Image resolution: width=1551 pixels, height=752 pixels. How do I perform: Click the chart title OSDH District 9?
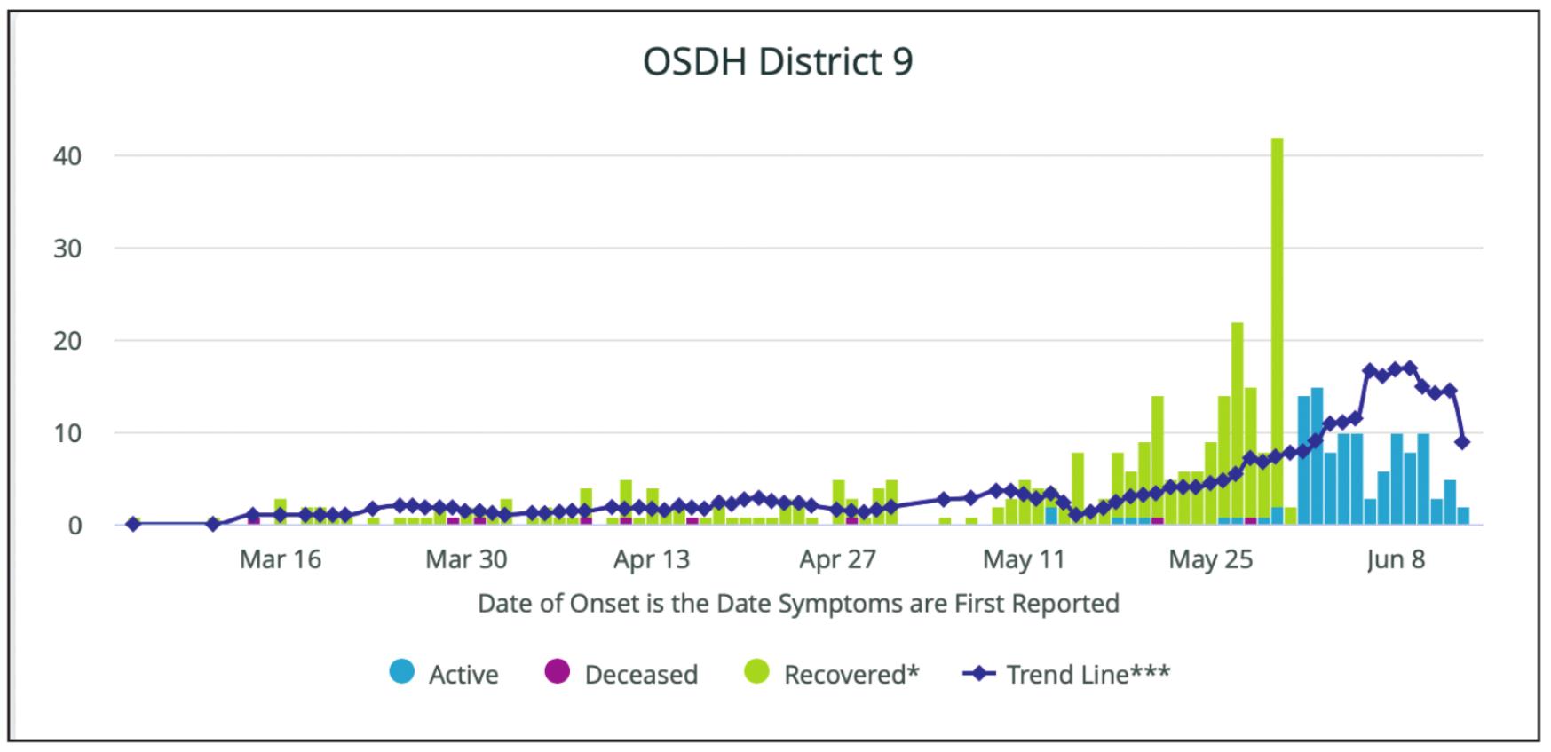[x=778, y=62]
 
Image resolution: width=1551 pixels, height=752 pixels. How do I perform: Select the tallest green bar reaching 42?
[x=1277, y=330]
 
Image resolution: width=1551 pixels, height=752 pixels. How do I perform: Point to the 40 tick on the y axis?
[x=67, y=157]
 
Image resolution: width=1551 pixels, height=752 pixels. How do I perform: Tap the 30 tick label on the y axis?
[x=67, y=249]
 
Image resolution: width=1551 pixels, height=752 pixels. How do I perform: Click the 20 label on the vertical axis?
[x=67, y=342]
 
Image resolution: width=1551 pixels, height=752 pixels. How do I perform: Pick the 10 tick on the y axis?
[x=67, y=434]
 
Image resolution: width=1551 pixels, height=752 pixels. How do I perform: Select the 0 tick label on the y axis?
[x=75, y=526]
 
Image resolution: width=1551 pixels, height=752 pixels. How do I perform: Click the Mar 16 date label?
[x=281, y=559]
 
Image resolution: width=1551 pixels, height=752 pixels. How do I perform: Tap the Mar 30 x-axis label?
[x=466, y=559]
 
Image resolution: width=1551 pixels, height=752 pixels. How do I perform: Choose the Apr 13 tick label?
[x=652, y=559]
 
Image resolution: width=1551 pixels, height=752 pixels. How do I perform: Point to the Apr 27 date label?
[x=837, y=559]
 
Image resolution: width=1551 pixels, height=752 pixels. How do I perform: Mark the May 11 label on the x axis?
[x=1024, y=559]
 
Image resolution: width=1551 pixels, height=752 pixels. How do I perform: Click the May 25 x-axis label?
[x=1210, y=559]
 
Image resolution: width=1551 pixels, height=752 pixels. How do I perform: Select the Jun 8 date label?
[x=1396, y=559]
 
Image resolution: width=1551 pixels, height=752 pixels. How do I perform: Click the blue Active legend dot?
[x=402, y=672]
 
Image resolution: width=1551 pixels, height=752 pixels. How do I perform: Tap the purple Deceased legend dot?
[x=558, y=672]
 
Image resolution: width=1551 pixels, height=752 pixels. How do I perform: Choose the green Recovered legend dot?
[x=756, y=672]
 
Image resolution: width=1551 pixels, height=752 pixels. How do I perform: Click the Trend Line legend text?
[x=1088, y=675]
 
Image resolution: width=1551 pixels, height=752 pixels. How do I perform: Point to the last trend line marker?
[x=1462, y=442]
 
